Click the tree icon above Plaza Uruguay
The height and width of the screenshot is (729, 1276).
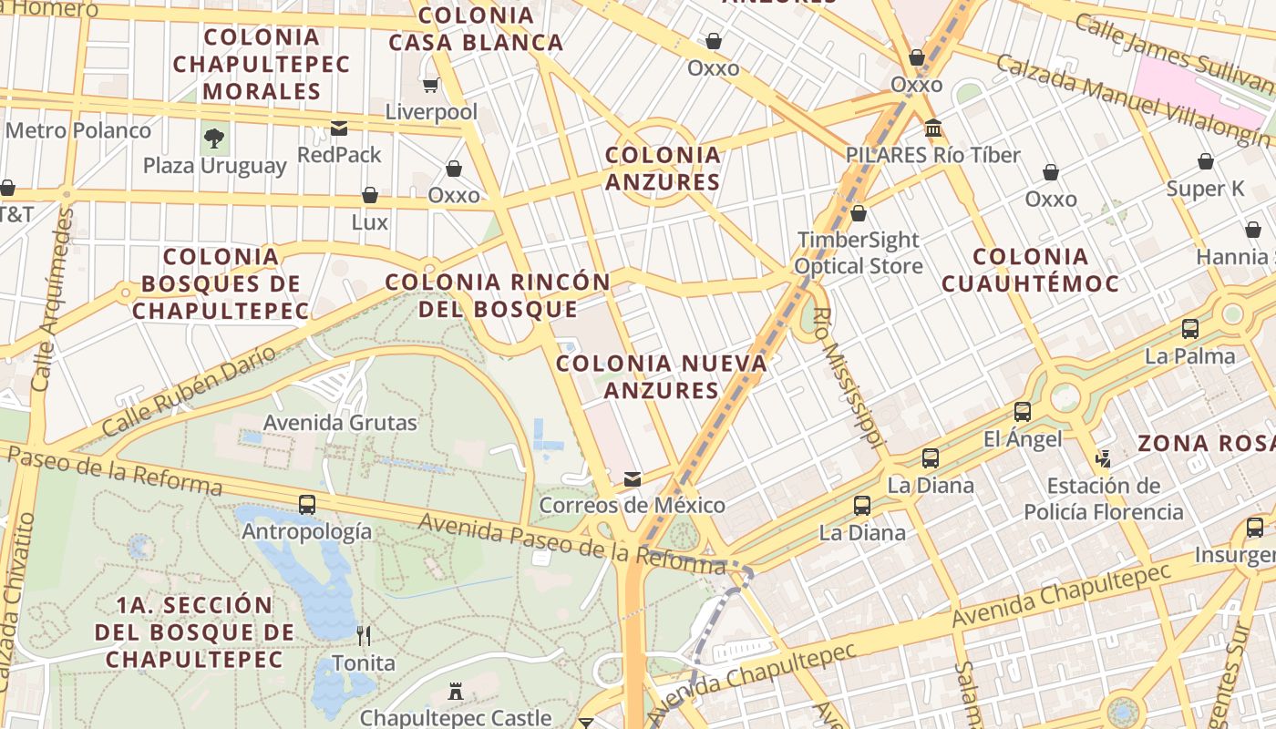214,139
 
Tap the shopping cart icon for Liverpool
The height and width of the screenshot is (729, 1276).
431,86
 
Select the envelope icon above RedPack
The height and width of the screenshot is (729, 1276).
339,128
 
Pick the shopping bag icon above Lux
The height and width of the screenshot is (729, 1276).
369,195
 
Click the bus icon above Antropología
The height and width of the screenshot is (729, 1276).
307,504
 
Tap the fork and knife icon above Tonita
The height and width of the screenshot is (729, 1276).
363,635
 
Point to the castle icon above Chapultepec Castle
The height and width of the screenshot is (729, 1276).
456,693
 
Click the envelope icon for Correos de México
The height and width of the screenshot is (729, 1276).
632,479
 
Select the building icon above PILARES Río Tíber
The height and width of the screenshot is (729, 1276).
932,128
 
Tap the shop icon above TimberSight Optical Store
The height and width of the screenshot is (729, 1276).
858,214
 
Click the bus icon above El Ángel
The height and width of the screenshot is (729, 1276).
1023,412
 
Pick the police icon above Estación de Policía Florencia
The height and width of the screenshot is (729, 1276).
1104,458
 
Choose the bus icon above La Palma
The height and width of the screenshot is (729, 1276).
1189,329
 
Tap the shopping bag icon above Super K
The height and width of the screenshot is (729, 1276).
1205,162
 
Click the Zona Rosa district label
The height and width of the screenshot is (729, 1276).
1205,444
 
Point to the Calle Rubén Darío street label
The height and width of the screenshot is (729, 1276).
189,391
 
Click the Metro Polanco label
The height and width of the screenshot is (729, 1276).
78,130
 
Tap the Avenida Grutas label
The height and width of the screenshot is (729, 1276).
340,423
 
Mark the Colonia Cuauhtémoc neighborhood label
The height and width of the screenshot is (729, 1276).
1030,270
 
